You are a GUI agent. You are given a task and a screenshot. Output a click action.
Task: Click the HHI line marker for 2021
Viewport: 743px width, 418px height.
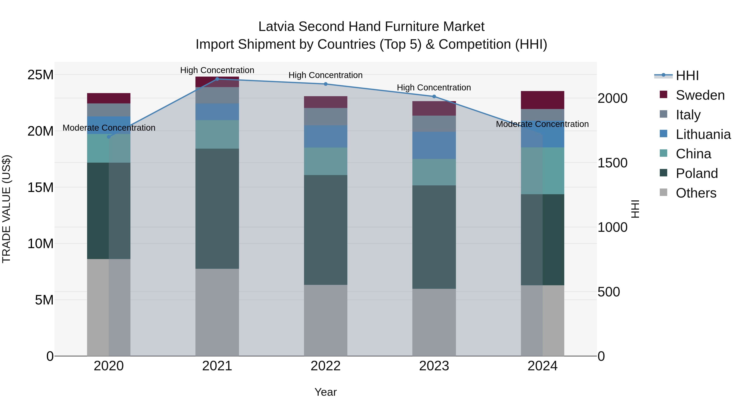click(x=217, y=79)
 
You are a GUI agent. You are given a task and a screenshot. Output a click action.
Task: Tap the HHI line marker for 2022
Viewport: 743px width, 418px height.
click(x=326, y=84)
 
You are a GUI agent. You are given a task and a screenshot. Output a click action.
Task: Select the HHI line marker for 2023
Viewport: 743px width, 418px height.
click(x=434, y=96)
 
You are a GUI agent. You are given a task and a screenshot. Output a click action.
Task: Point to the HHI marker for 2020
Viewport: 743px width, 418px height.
click(x=109, y=137)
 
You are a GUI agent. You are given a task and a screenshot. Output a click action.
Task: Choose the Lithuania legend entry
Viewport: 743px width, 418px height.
click(x=703, y=134)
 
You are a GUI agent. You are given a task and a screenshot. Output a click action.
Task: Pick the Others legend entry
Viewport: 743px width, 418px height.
click(x=696, y=193)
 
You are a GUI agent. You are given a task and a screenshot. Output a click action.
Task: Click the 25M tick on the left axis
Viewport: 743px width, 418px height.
click(x=40, y=75)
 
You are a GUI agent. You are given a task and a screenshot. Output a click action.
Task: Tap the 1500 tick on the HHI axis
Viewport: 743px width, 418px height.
click(x=612, y=163)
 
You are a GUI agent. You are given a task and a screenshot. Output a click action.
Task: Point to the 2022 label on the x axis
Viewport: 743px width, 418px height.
click(x=326, y=366)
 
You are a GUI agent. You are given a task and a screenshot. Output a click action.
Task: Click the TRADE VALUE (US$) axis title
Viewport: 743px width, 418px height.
click(x=6, y=209)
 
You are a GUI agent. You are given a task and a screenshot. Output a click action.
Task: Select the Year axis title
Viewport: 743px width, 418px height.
click(x=326, y=392)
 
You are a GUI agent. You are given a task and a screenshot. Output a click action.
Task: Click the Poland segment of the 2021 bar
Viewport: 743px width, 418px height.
click(x=217, y=208)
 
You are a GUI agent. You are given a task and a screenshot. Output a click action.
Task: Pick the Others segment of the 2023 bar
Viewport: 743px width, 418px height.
click(x=434, y=322)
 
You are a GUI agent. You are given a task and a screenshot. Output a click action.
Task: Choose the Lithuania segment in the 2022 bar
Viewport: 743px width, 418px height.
click(x=326, y=136)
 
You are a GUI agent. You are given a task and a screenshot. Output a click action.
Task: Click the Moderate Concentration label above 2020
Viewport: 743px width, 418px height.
click(x=109, y=128)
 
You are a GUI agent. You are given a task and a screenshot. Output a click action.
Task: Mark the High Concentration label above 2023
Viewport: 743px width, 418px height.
click(x=434, y=87)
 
